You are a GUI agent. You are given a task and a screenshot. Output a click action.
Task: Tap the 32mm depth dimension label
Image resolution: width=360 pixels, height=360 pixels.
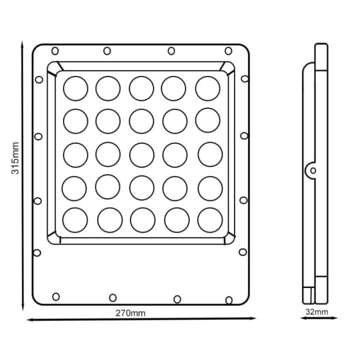316,312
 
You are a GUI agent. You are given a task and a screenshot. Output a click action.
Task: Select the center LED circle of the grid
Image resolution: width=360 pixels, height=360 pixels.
141,154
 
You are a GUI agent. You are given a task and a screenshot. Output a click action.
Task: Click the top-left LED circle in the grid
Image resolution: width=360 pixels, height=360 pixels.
75,88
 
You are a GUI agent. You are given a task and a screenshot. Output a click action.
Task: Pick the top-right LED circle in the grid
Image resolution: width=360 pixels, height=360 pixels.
207,88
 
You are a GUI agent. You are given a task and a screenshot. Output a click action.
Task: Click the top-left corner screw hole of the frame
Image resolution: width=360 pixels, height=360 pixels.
55,50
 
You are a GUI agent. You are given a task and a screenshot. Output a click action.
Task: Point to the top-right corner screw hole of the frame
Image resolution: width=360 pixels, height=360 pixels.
228,50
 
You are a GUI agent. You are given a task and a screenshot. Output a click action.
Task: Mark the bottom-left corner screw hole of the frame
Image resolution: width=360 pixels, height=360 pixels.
56,296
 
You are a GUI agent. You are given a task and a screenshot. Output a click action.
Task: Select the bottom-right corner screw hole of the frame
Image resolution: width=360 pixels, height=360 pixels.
229,299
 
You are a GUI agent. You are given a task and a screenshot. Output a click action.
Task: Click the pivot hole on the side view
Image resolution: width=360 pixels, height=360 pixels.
313,170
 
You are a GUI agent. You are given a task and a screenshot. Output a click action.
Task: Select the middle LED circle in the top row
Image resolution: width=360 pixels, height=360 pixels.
141,88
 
